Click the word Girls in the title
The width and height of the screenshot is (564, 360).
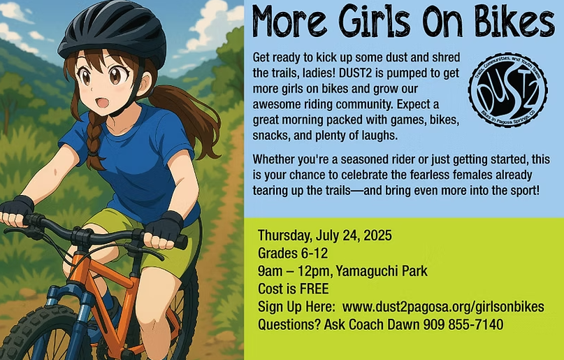(x=375, y=21)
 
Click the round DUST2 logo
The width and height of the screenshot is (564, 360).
(x=507, y=90)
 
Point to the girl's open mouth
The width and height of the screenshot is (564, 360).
(x=102, y=102)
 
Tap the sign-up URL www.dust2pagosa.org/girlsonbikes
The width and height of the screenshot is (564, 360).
(x=443, y=307)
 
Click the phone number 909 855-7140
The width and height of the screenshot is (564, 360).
(x=463, y=324)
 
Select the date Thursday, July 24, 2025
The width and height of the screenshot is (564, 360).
(x=324, y=236)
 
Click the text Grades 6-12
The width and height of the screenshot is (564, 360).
(x=293, y=253)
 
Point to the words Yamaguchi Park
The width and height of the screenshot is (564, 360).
(x=382, y=271)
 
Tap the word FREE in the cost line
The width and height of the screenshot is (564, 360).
(x=314, y=289)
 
